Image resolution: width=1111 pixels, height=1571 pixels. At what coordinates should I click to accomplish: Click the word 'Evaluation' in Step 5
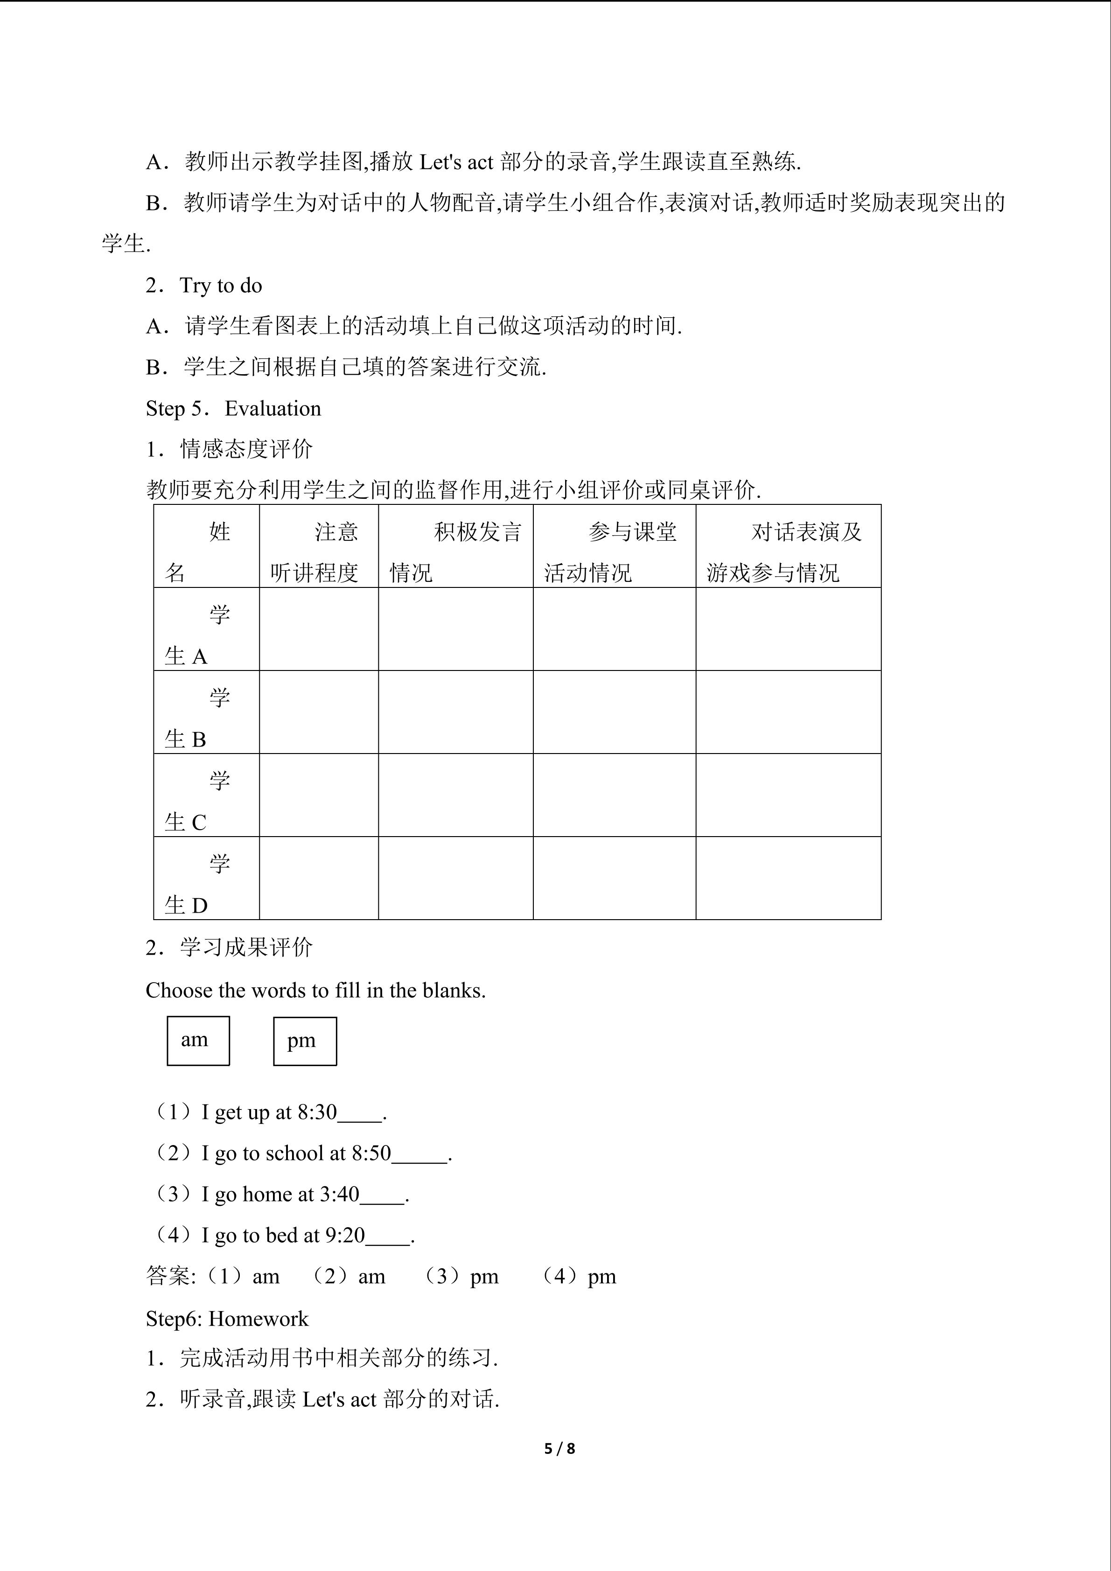click(x=273, y=408)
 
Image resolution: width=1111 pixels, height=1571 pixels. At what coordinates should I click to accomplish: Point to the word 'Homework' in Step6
click(x=258, y=1319)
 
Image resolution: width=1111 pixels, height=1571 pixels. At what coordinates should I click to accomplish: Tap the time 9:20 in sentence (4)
click(x=345, y=1235)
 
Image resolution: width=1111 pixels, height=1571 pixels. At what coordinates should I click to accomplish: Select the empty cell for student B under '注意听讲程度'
click(x=319, y=712)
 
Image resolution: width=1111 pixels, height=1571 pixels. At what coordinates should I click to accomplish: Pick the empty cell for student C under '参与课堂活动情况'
click(x=615, y=795)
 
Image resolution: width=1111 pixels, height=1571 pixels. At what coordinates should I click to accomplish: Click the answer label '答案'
click(x=170, y=1276)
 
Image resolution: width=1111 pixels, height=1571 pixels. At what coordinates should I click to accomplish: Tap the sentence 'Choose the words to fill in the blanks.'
click(x=315, y=990)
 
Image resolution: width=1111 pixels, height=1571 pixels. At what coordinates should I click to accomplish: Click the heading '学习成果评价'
click(x=246, y=948)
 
